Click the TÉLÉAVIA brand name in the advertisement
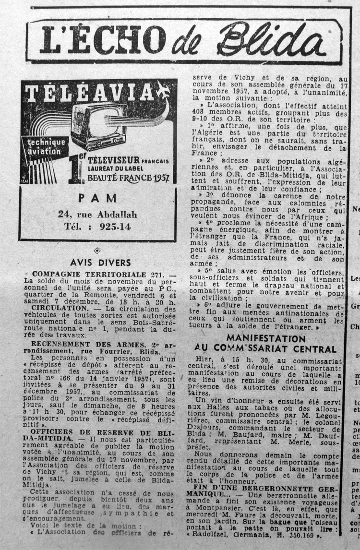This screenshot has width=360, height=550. [89, 93]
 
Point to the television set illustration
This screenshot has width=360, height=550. [101, 126]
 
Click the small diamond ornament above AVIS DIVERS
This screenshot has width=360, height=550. [97, 250]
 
